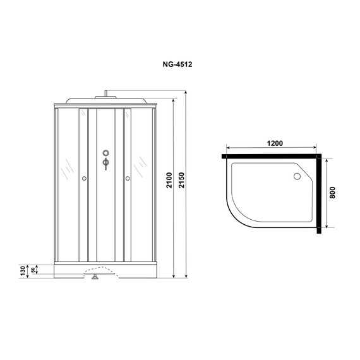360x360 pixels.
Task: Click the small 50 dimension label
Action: pos(35,270)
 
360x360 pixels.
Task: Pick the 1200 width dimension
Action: pos(274,145)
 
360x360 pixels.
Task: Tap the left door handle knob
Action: pos(84,178)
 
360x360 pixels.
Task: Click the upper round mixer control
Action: pos(105,152)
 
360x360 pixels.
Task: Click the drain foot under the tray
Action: pos(95,276)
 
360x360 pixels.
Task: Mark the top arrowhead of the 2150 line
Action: pos(188,92)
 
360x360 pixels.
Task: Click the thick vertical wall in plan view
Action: pos(320,193)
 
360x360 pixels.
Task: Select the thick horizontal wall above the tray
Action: pos(272,154)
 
